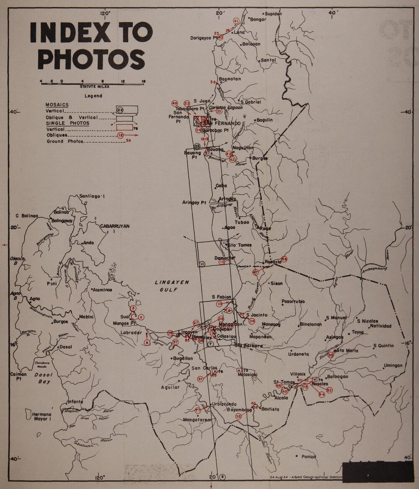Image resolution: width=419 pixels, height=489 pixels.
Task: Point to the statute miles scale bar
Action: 93,84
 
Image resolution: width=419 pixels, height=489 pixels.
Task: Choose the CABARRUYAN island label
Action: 115,228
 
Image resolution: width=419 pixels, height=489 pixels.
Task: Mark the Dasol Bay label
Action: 43,378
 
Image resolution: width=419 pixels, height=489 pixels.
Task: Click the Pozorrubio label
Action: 293,301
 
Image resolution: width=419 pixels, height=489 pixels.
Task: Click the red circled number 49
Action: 175,103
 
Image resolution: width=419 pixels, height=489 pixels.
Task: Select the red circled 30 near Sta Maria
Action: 331,355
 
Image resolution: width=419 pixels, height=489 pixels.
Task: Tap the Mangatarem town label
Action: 196,419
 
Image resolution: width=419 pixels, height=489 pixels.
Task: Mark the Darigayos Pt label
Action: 203,38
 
